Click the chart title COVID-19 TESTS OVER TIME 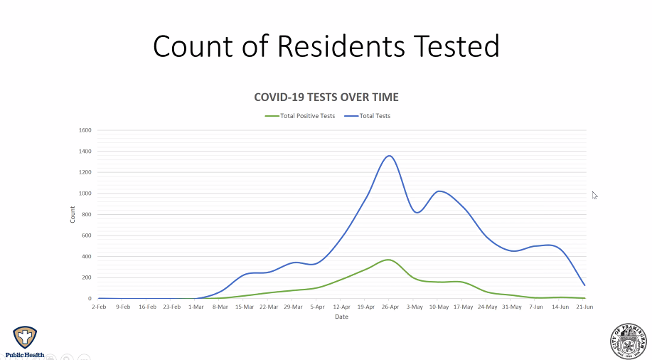tap(326, 97)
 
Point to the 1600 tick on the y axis tap(86, 130)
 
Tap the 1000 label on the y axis tap(86, 194)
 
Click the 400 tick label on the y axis tap(87, 257)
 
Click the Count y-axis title tap(73, 214)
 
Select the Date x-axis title tap(342, 317)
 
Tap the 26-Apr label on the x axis tap(390, 307)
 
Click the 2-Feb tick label tap(99, 307)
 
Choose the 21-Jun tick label tap(584, 307)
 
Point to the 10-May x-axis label tap(439, 307)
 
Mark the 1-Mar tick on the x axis tap(196, 307)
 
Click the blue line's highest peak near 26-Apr tap(390, 156)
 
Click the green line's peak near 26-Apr tap(388, 260)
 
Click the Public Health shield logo tap(25, 338)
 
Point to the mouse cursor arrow tap(594, 195)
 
